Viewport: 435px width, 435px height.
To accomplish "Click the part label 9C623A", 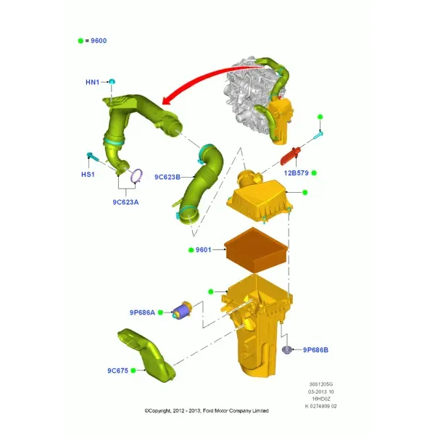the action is pyautogui.click(x=125, y=202).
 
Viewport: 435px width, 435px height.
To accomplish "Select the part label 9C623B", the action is pyautogui.click(x=167, y=177).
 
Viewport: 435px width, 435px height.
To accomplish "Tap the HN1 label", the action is pyautogui.click(x=92, y=82).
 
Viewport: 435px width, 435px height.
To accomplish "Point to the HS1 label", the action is pyautogui.click(x=88, y=175).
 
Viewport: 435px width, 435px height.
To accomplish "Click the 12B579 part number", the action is pyautogui.click(x=297, y=173).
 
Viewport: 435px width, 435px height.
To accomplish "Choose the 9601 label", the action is pyautogui.click(x=203, y=250).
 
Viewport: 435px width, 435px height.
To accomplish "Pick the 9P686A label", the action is pyautogui.click(x=142, y=312).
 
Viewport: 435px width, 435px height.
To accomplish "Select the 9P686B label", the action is pyautogui.click(x=315, y=350).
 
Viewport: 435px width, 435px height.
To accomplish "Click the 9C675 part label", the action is pyautogui.click(x=118, y=370).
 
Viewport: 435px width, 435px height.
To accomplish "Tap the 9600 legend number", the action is pyautogui.click(x=99, y=41).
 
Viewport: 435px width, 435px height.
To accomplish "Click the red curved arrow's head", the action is pyautogui.click(x=167, y=100).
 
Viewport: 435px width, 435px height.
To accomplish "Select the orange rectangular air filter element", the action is pyautogui.click(x=257, y=249).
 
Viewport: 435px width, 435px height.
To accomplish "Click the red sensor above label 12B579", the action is pyautogui.click(x=290, y=156).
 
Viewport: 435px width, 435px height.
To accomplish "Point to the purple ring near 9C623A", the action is pyautogui.click(x=137, y=176).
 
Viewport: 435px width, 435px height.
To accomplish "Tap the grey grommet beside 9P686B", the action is pyautogui.click(x=286, y=350).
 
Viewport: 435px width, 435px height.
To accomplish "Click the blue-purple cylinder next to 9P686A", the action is pyautogui.click(x=181, y=310).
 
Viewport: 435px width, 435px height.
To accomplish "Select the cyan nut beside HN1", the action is pyautogui.click(x=112, y=81).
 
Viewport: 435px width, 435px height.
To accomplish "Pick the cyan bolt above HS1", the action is pyautogui.click(x=93, y=157).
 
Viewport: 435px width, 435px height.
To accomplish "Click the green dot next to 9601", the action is pyautogui.click(x=191, y=250).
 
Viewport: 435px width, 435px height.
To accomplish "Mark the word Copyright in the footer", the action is pyautogui.click(x=159, y=411).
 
